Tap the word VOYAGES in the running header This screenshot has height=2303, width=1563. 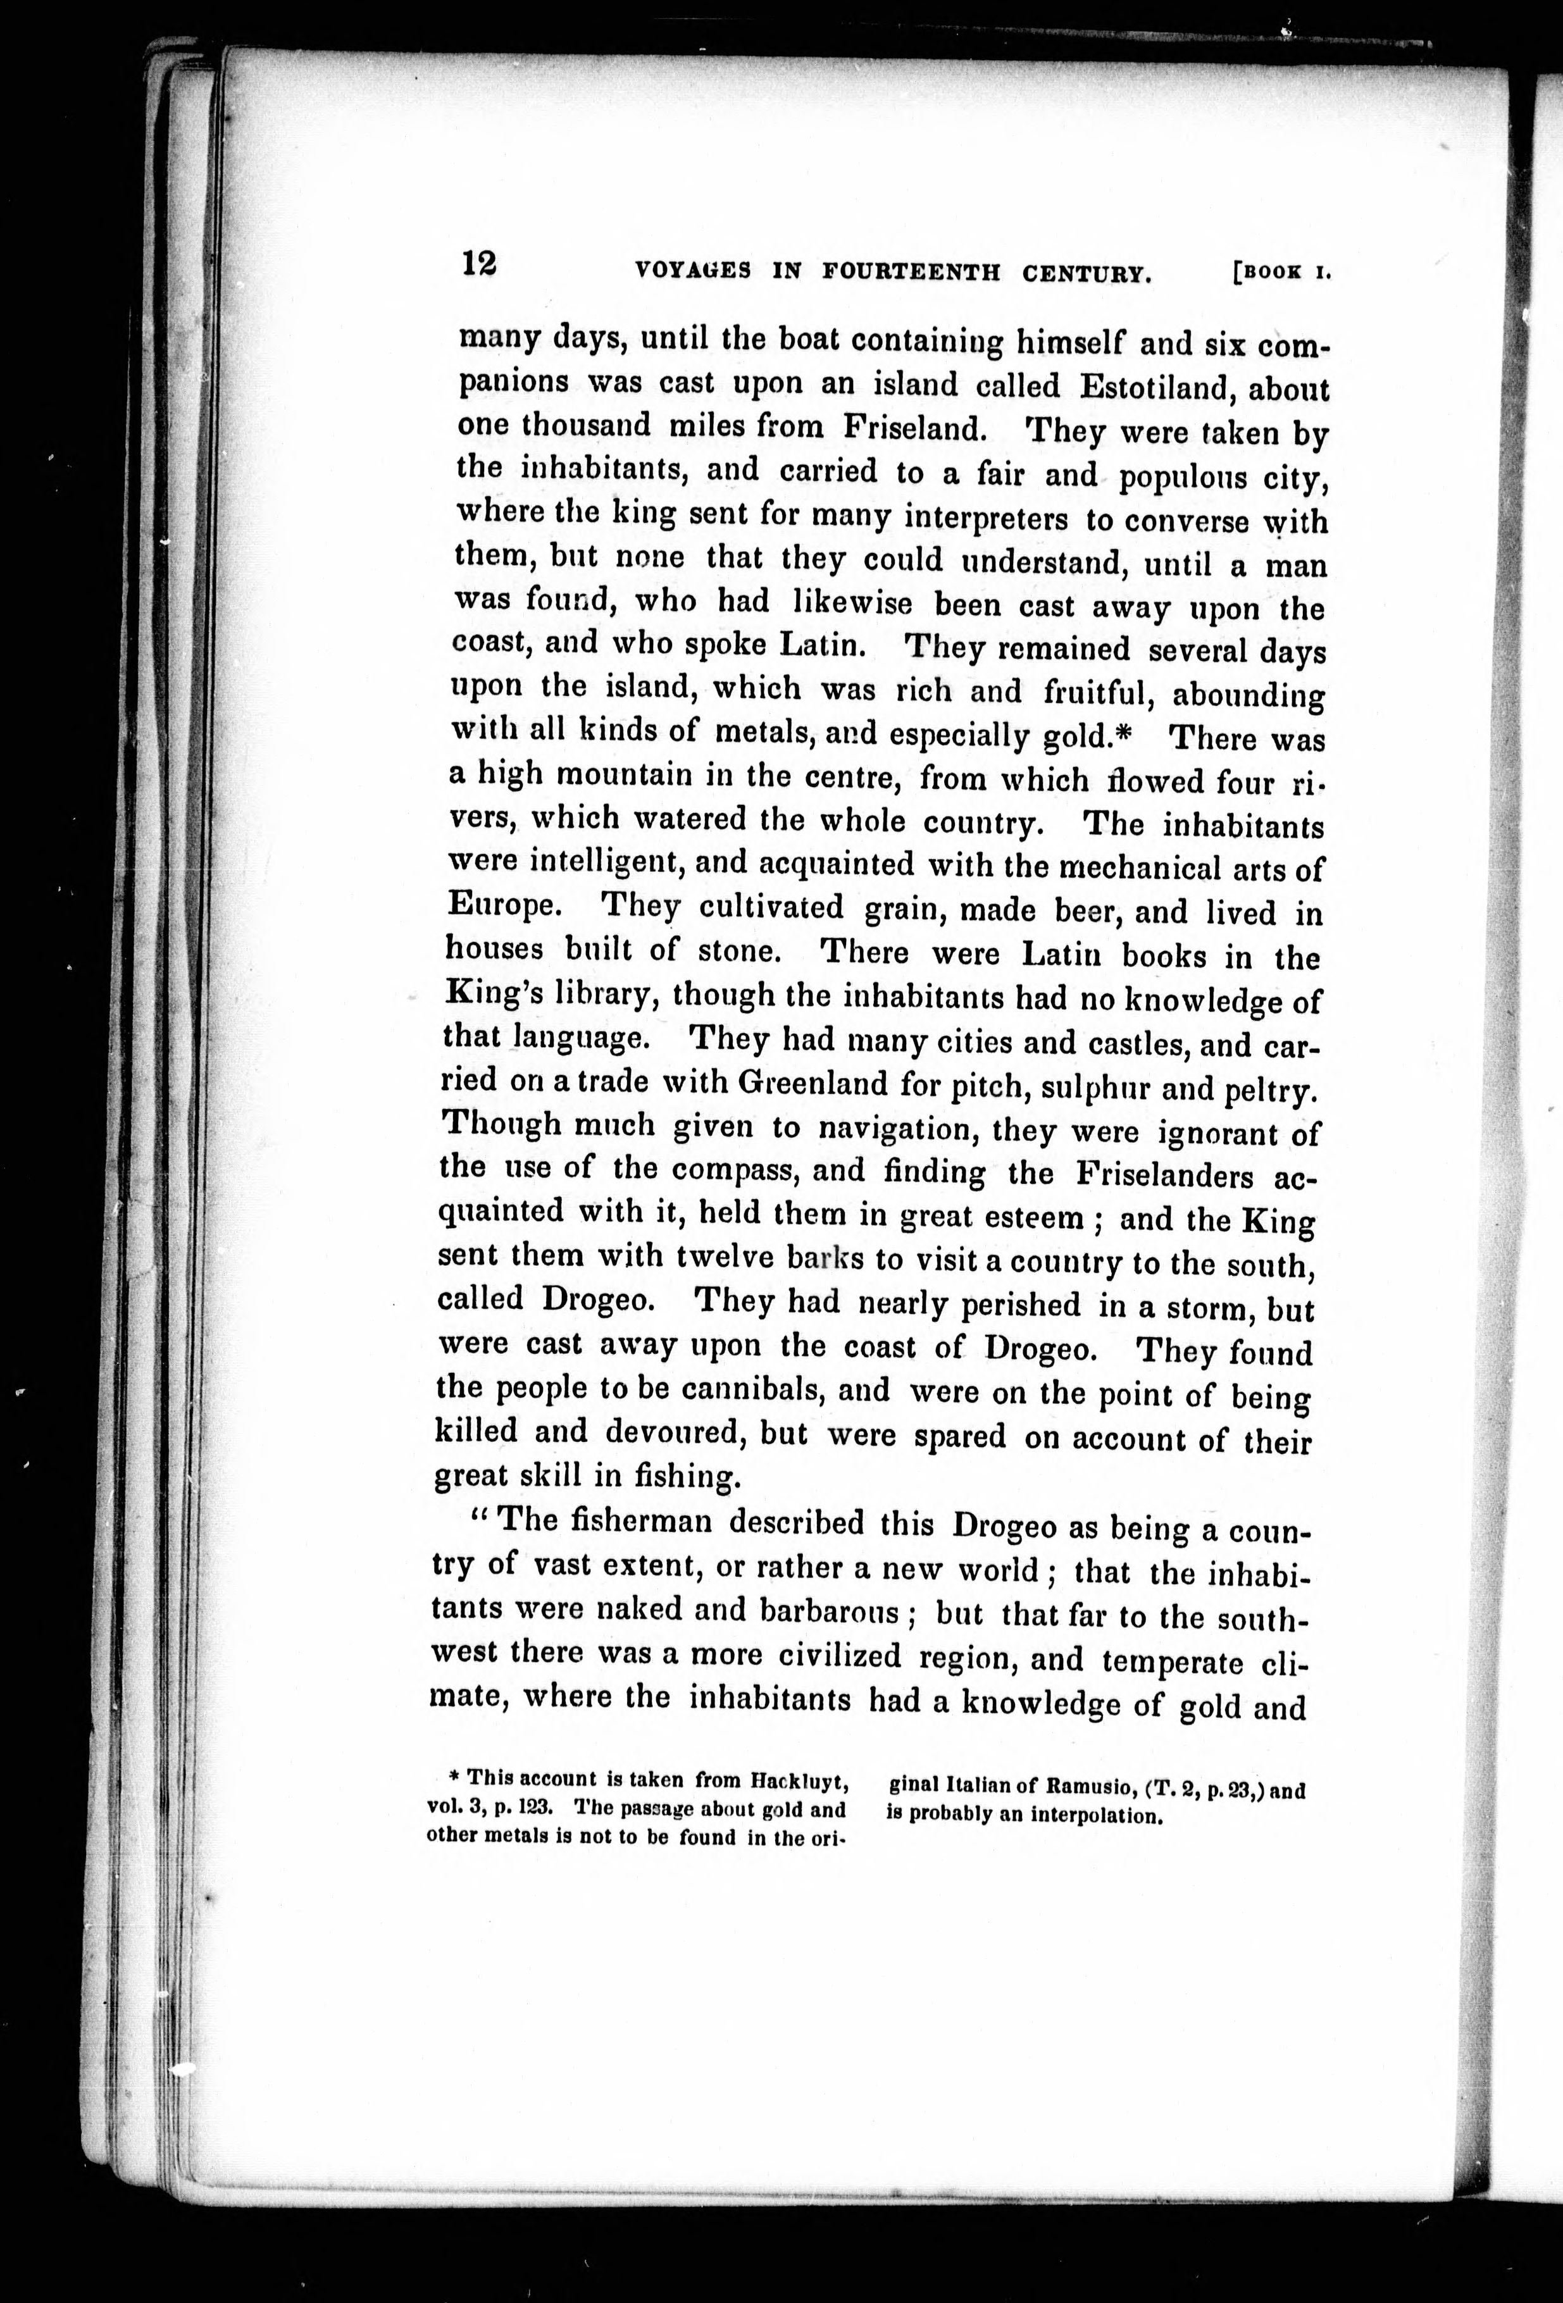tap(692, 271)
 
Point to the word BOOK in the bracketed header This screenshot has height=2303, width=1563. tap(1274, 273)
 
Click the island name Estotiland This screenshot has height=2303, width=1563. tap(1149, 385)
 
